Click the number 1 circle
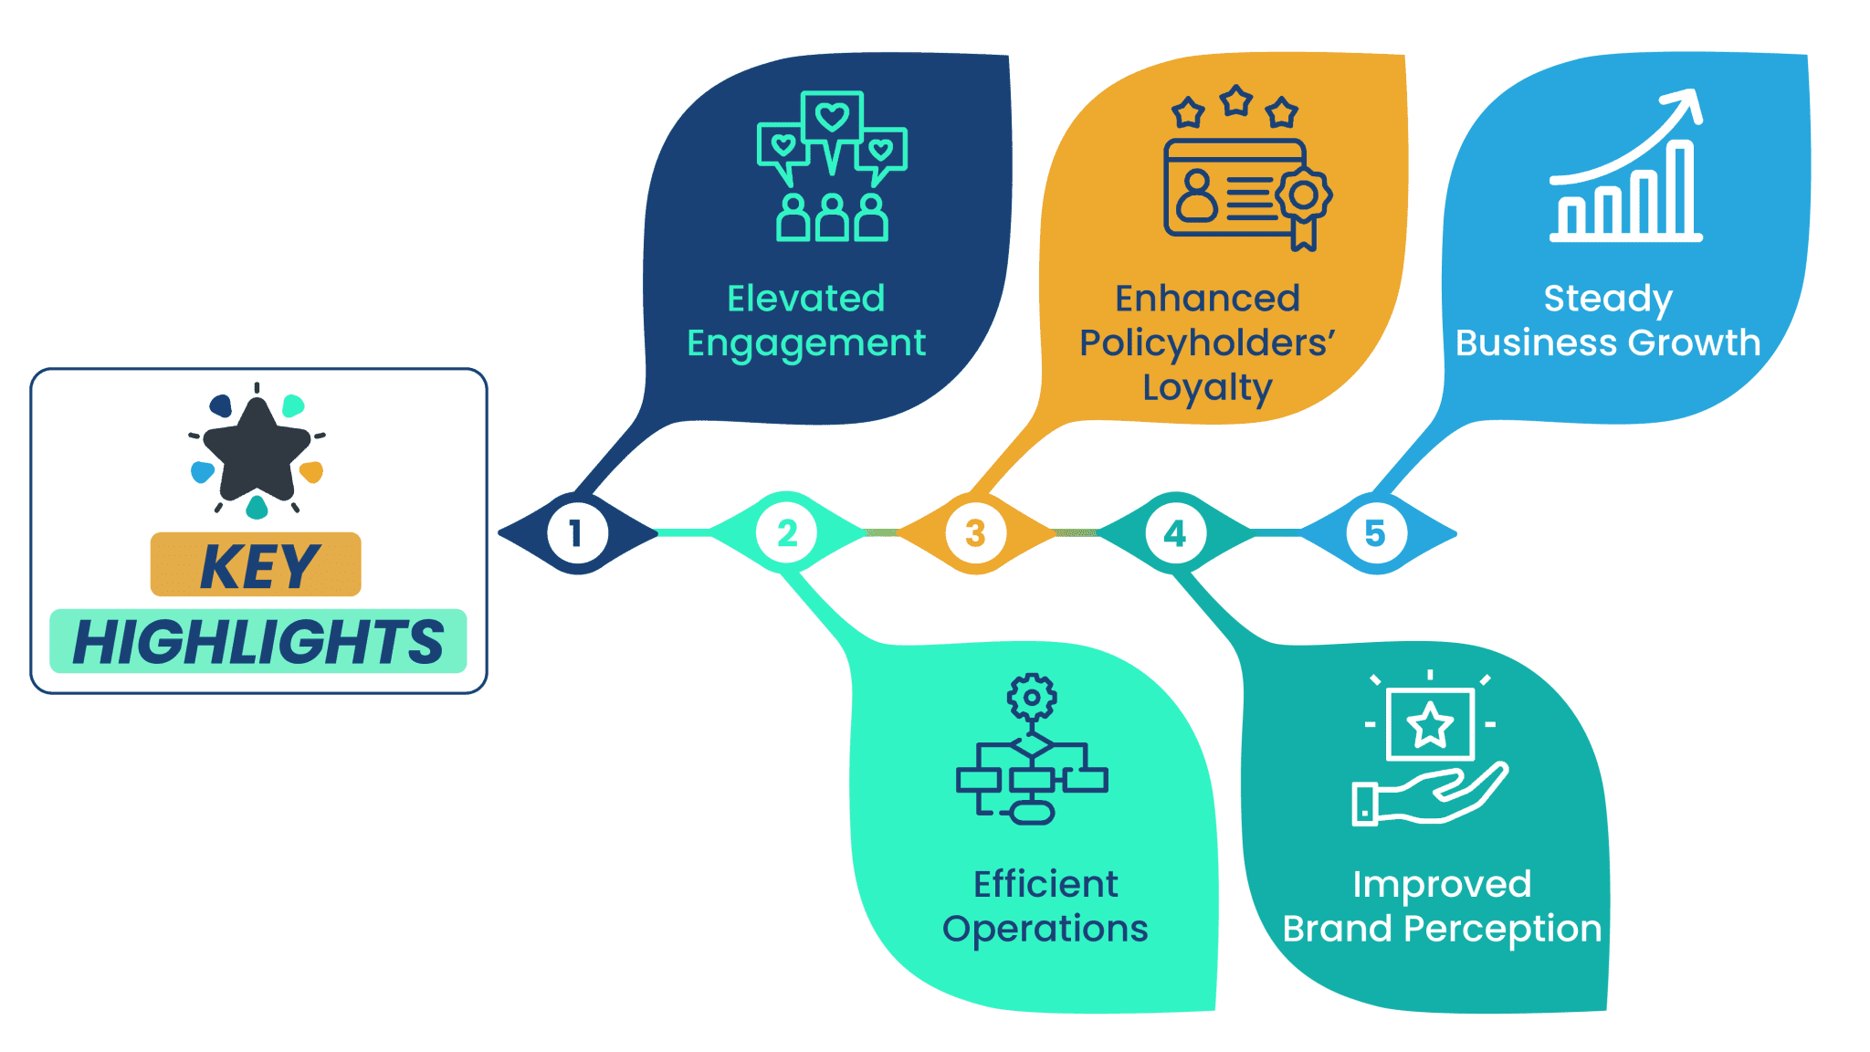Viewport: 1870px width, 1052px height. [577, 533]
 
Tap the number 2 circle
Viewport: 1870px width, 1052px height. [786, 533]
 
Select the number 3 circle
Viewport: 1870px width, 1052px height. [975, 533]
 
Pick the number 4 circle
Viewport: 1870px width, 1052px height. [1175, 533]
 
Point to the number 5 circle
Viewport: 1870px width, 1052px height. [1375, 533]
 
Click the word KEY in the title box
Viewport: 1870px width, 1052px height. [259, 567]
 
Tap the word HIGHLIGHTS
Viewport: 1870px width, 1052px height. [258, 642]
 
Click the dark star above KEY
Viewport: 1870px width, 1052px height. [257, 449]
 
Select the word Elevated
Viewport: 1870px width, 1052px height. [806, 299]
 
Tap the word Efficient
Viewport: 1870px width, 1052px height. [1045, 884]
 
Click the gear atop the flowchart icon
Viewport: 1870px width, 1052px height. [1032, 698]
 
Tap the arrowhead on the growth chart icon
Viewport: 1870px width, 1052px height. [1686, 104]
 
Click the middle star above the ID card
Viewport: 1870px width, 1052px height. [1236, 100]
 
